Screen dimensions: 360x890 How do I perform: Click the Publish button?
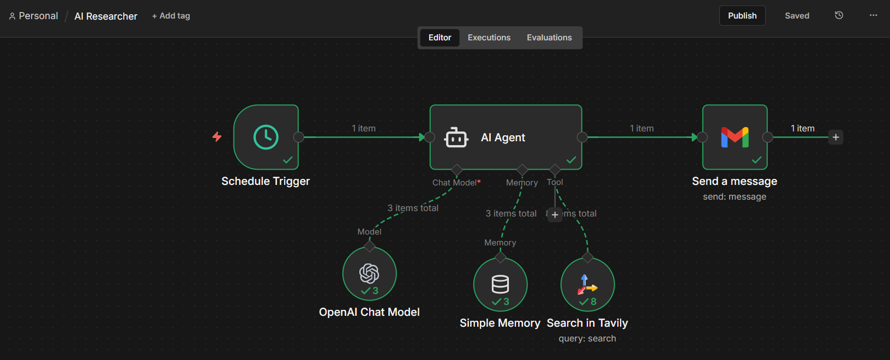coord(742,16)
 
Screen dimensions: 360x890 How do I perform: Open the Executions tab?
coord(489,38)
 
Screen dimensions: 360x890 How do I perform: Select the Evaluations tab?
coord(549,38)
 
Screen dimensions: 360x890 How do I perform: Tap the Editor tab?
coord(440,38)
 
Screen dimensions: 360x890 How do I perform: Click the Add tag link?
coord(171,16)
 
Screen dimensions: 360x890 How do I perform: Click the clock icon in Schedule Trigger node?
coord(266,137)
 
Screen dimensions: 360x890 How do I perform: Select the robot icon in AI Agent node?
coord(456,137)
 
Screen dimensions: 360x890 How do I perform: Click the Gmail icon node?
coord(735,137)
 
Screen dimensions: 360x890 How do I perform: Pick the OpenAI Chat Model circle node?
coord(369,273)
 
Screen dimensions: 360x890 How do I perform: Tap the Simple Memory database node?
coord(500,284)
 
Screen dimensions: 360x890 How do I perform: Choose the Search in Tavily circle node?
coord(587,284)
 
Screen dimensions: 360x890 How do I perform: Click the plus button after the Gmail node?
coord(835,137)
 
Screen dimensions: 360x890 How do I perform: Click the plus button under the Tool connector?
coord(555,215)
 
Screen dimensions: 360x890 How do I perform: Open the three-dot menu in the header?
coord(873,15)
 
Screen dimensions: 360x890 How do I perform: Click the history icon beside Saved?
coord(839,15)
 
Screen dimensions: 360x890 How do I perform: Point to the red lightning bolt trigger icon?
coord(217,136)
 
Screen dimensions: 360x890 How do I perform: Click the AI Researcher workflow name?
coord(106,16)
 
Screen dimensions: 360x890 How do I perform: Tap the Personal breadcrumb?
coord(38,16)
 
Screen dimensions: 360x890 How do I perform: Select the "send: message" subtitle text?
coord(734,197)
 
